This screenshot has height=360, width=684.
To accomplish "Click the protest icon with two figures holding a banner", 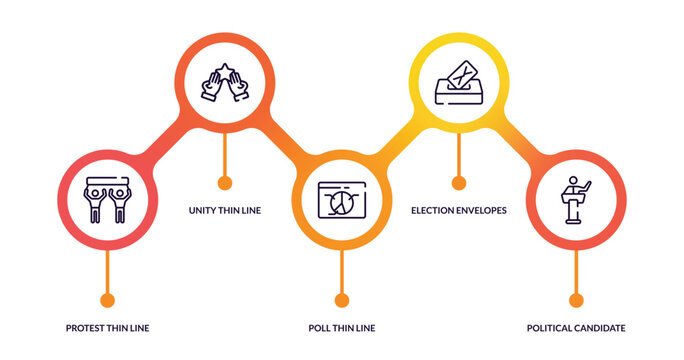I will (107, 198).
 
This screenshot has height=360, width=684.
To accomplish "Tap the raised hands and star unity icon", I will (225, 83).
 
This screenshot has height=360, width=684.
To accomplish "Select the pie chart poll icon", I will (342, 200).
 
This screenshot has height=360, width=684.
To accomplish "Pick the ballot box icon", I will (459, 83).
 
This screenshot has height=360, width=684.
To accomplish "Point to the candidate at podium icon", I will (576, 200).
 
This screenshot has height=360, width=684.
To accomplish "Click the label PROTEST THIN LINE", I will (107, 328).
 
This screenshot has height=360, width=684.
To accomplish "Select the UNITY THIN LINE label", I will (225, 210).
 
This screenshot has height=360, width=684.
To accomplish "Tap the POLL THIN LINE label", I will (342, 328).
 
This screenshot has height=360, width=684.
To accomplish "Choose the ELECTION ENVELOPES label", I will (459, 210).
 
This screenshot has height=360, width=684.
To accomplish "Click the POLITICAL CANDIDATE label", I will (576, 328).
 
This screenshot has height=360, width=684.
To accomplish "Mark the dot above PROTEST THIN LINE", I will (107, 300).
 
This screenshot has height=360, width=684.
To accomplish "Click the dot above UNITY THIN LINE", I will (225, 183).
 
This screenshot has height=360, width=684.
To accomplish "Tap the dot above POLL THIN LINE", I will (342, 300).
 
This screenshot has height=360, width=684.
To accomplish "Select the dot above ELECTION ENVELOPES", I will (459, 183).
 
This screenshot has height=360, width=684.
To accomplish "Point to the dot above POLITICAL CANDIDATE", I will (576, 300).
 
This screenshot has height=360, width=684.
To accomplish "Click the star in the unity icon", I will (225, 70).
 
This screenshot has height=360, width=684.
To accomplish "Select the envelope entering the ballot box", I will (461, 73).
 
